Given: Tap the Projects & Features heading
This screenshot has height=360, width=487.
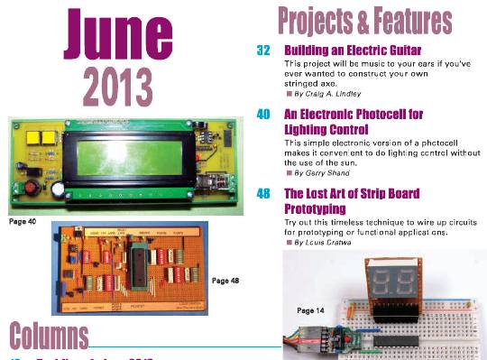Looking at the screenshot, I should click(364, 20).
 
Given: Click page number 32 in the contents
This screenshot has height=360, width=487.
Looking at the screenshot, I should click(263, 51).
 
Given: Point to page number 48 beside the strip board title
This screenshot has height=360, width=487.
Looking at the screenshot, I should click(263, 193).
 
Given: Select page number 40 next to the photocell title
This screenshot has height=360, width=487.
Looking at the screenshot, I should click(263, 115).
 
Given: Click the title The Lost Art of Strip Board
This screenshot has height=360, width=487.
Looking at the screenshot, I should click(352, 193).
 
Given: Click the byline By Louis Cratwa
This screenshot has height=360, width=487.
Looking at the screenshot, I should click(326, 243).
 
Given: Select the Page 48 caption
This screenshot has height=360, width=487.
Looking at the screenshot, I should click(225, 281).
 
